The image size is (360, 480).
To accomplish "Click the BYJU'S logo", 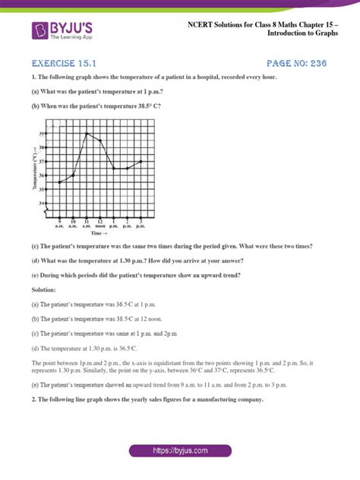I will [x=62, y=30].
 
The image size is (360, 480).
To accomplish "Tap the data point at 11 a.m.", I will [x=87, y=134].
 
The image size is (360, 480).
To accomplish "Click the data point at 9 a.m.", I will [x=59, y=182].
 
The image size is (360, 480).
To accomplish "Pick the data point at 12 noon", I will [x=101, y=141].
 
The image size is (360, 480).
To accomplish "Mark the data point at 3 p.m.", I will [x=141, y=161].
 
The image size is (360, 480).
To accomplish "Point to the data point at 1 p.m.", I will [x=114, y=169].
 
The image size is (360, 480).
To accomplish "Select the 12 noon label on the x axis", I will [x=100, y=223].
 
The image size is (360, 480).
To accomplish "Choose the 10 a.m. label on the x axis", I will [x=73, y=223].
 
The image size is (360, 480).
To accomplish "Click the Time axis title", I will [x=98, y=234].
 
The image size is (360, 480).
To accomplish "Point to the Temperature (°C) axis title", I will [x=36, y=169].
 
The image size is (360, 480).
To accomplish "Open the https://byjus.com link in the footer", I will [x=179, y=450].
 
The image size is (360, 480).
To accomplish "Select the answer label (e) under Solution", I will [x=35, y=386].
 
